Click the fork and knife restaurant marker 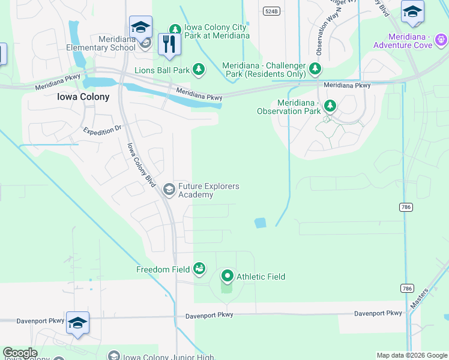tap(169, 44)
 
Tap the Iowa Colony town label tap(83, 97)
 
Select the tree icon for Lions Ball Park tap(199, 70)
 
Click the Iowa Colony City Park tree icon tap(175, 29)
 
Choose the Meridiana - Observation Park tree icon tap(330, 106)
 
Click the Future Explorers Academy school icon tap(169, 190)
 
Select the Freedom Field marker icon tap(199, 269)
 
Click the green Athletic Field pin tap(228, 277)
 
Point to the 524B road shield tap(271, 11)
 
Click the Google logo tap(20, 353)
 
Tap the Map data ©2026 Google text tap(411, 355)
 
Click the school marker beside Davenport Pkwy tap(77, 323)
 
